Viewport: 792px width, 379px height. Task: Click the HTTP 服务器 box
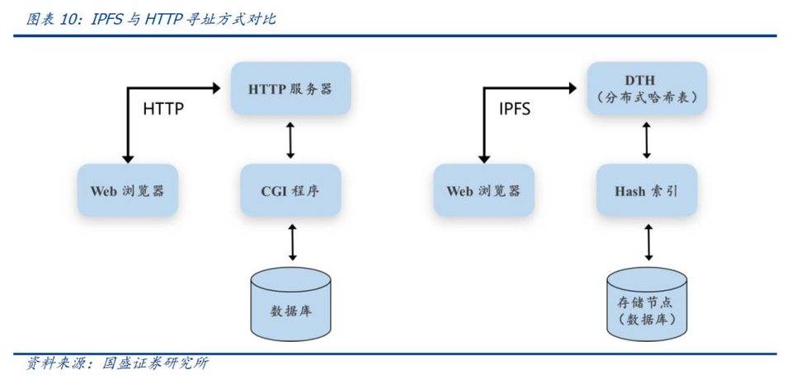coord(290,88)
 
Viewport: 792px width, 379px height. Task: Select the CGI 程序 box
coord(290,190)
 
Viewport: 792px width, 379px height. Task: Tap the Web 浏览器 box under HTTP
coord(127,190)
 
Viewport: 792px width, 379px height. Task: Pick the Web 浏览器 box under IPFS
coord(483,190)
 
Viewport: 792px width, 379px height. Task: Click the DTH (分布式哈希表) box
coord(646,88)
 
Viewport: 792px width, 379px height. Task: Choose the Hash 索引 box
coord(646,190)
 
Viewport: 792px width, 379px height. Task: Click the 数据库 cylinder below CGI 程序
coord(290,304)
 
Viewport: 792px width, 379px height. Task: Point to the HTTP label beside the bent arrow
coord(163,108)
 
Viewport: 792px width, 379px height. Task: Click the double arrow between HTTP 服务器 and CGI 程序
coord(290,140)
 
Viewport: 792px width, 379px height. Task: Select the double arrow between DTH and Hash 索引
coord(646,140)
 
